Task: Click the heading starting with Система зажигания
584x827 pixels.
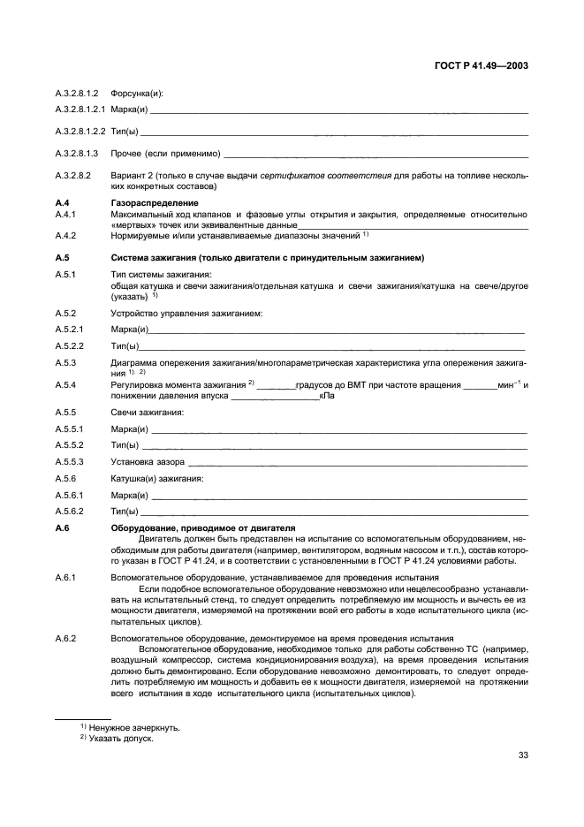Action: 255,258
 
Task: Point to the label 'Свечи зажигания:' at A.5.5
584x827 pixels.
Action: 147,413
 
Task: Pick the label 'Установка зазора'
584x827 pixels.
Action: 148,461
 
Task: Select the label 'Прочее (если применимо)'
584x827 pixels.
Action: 165,154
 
